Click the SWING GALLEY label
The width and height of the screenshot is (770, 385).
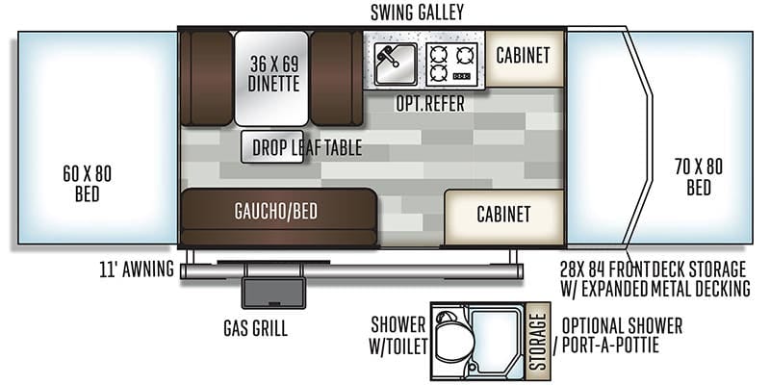coord(417,13)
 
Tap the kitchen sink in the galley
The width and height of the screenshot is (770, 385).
coord(396,64)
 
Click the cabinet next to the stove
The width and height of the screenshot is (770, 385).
coord(524,58)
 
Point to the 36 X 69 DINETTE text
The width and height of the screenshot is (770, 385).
coord(273,73)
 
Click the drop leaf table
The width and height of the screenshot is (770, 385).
coord(272,147)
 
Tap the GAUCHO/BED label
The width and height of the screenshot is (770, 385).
coord(276,211)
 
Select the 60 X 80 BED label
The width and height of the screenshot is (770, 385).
coord(88,184)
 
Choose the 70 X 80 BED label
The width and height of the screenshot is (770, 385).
coord(699,177)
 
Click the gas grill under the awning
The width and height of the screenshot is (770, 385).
coord(273,293)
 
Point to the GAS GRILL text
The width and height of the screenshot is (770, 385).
coord(255,328)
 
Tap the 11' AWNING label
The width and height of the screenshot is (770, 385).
coord(137,269)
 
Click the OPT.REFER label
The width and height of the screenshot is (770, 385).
coord(430,104)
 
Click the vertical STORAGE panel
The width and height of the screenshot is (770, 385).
coord(538,342)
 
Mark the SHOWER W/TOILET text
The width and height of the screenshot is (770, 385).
coord(398,336)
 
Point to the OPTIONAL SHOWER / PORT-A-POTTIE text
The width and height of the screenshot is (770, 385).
coord(618,335)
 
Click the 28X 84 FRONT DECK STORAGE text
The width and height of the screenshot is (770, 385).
coord(654,269)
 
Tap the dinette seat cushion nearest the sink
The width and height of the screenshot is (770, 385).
coord(336,78)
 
